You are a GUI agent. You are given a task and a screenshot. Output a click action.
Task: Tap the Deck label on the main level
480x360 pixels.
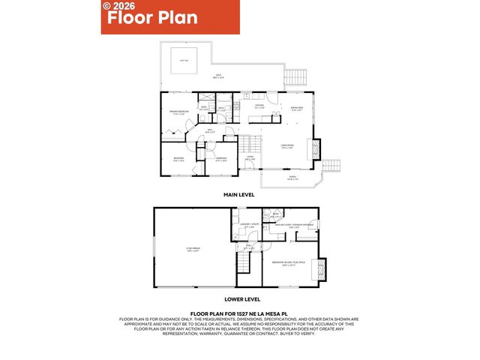219,76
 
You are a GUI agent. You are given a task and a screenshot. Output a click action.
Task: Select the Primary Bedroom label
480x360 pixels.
176,113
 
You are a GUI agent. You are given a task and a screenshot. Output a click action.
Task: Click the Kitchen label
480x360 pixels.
260,107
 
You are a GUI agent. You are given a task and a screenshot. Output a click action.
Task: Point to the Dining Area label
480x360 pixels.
297,109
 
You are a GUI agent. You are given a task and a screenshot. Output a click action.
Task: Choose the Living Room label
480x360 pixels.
287,146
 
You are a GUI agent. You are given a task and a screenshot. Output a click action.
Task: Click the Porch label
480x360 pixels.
293,178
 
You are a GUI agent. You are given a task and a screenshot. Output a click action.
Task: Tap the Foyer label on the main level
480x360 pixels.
251,158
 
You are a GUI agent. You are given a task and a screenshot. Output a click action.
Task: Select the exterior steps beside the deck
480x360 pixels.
296,76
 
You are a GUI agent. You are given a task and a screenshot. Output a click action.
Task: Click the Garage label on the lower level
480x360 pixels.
193,250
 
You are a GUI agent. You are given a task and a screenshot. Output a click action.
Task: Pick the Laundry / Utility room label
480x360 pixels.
249,226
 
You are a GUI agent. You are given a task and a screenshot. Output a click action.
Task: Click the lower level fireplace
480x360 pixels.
323,268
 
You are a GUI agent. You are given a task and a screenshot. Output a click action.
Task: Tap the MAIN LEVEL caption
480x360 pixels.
239,194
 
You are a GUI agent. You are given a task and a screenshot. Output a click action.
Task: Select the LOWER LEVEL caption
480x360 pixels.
239,298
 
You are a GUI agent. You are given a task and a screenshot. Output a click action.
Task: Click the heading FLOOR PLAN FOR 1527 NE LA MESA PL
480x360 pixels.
239,314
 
